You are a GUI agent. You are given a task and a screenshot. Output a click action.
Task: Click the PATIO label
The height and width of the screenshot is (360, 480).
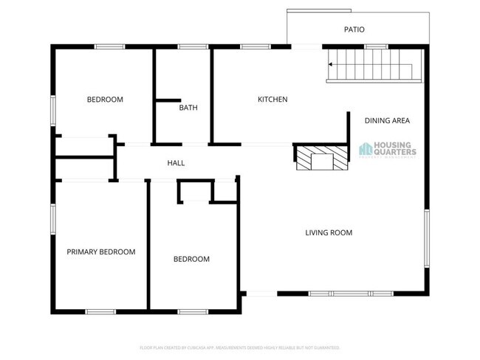pyautogui.click(x=354, y=30)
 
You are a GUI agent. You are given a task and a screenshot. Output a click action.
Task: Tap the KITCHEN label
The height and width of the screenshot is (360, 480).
pyautogui.click(x=272, y=100)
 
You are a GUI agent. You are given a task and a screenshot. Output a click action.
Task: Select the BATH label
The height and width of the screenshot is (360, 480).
pyautogui.click(x=188, y=108)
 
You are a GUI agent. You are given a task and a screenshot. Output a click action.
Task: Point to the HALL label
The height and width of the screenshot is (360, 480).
pyautogui.click(x=176, y=163)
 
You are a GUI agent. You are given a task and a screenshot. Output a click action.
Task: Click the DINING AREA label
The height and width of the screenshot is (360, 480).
pyautogui.click(x=387, y=120)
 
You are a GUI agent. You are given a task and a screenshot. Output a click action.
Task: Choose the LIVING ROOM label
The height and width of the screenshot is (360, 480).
pyautogui.click(x=329, y=233)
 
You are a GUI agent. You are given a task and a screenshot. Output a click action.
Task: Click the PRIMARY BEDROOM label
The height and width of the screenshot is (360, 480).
pyautogui.click(x=101, y=252)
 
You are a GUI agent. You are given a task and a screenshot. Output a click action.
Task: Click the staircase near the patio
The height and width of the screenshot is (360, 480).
pyautogui.click(x=369, y=65)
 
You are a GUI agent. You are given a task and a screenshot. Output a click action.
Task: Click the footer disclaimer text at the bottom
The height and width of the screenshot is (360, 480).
pyautogui.click(x=239, y=347)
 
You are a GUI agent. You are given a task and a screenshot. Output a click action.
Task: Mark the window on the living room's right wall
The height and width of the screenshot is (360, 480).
pyautogui.click(x=426, y=238)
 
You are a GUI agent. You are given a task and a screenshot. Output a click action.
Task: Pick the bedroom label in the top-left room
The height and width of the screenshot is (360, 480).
pyautogui.click(x=105, y=100)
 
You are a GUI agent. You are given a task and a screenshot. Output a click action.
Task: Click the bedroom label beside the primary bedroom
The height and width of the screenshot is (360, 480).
pyautogui.click(x=191, y=259)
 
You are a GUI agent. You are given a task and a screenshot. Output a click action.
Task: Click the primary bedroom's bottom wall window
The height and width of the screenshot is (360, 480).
pyautogui.click(x=100, y=311)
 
